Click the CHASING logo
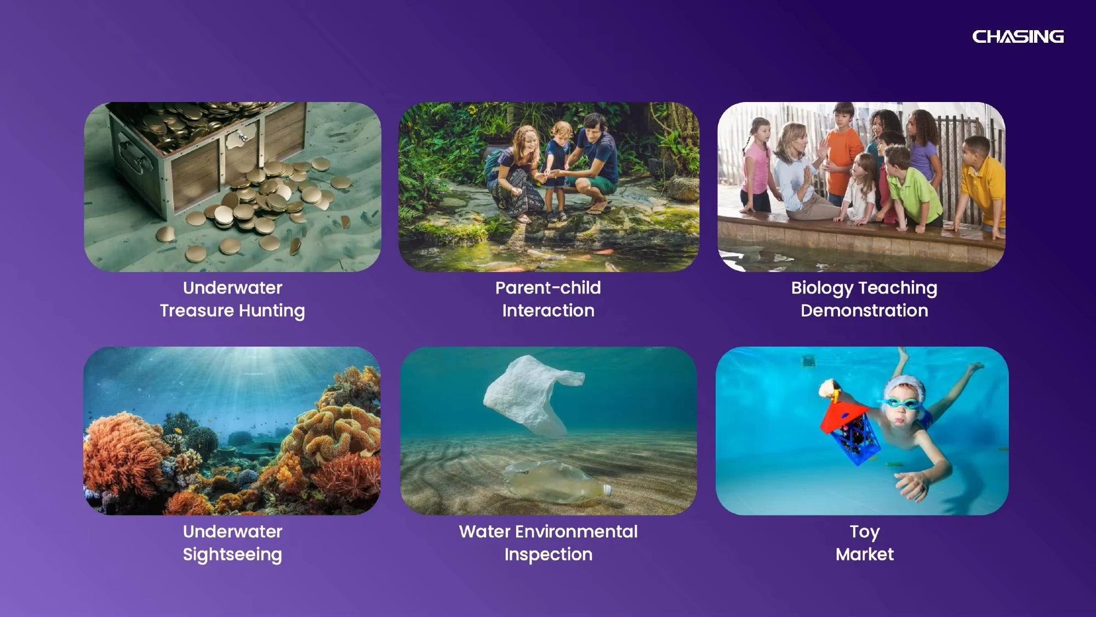pos(1018,37)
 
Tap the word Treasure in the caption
pos(197,310)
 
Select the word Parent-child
pos(548,287)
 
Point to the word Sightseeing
pos(232,554)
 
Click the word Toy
pos(865,532)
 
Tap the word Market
pos(865,554)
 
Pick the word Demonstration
pos(864,310)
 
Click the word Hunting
pos(272,311)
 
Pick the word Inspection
pos(549,554)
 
